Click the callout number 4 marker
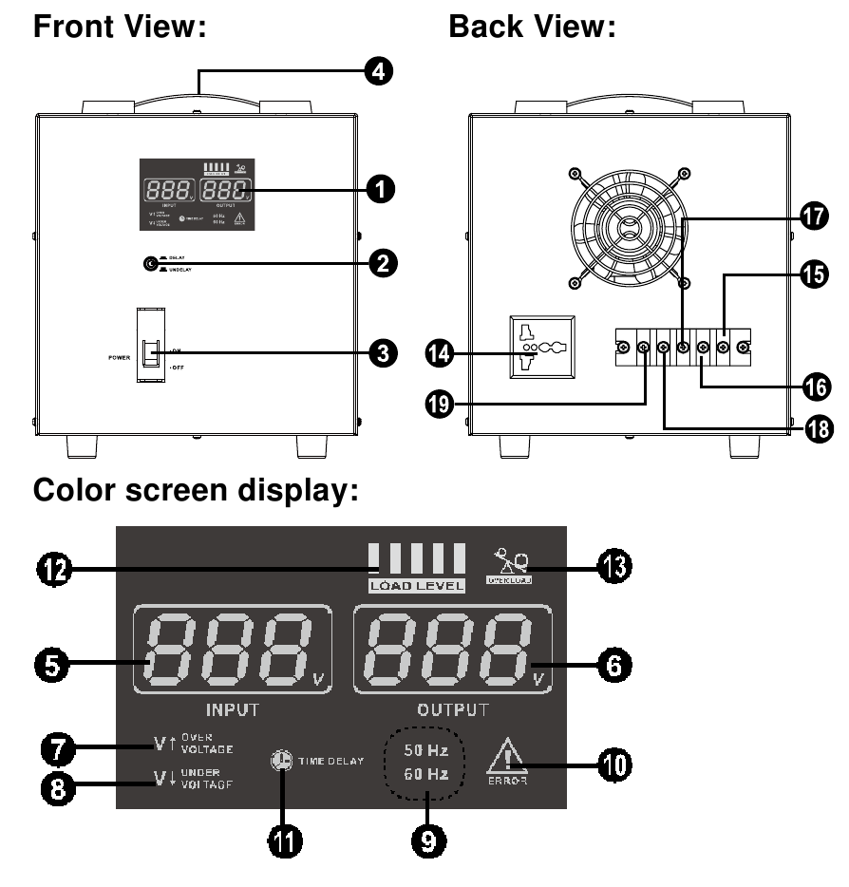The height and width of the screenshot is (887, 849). (x=380, y=72)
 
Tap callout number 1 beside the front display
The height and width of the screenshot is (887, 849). (x=380, y=190)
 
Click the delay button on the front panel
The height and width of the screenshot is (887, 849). (x=148, y=264)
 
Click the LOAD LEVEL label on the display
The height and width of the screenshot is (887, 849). (x=418, y=585)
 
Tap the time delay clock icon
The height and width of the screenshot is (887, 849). (x=281, y=762)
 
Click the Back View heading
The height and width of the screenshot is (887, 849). (x=532, y=28)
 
